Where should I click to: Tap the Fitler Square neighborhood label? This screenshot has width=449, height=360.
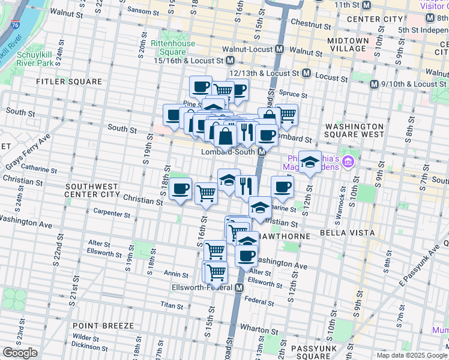pyautogui.click(x=69, y=82)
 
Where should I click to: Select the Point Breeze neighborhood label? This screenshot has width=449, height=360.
pyautogui.click(x=103, y=325)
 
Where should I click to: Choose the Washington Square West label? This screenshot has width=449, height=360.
pyautogui.click(x=354, y=131)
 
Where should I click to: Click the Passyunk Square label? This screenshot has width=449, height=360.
pyautogui.click(x=316, y=352)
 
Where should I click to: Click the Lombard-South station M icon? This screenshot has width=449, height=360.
pyautogui.click(x=262, y=152)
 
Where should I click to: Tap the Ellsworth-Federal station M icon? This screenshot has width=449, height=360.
pyautogui.click(x=240, y=288)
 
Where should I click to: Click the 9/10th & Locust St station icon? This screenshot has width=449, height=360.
pyautogui.click(x=375, y=84)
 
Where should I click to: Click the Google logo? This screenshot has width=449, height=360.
pyautogui.click(x=20, y=353)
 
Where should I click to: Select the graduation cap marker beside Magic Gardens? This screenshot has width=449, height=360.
pyautogui.click(x=310, y=162)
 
